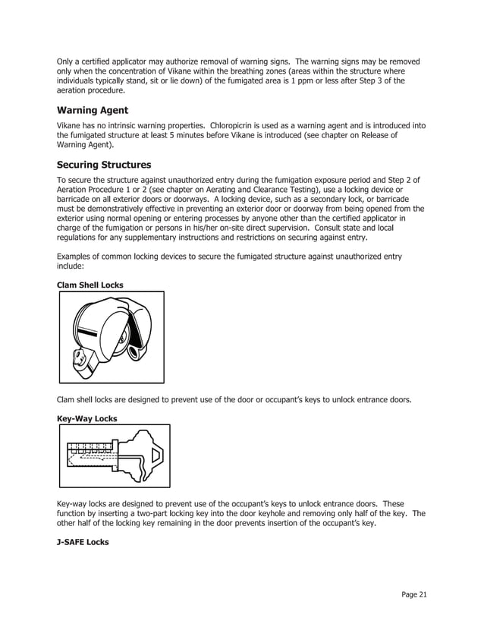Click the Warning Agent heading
coord(93,110)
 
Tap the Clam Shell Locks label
coord(90,285)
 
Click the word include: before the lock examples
coord(71,267)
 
